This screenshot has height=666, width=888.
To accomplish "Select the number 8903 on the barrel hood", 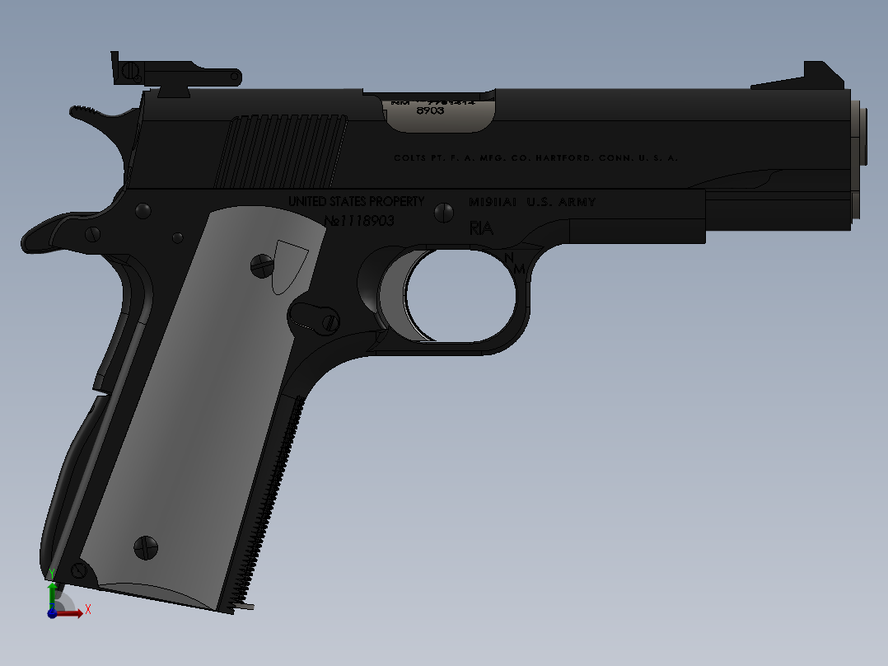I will [430, 110].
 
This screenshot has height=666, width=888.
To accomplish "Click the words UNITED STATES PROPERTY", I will [356, 202].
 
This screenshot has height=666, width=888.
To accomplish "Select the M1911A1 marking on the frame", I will [492, 202].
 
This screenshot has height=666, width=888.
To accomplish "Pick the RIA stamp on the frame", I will [480, 228].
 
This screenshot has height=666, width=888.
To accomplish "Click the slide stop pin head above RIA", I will [444, 213].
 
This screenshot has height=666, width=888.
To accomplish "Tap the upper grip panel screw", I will [262, 265].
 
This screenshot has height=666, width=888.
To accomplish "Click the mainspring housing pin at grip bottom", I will [79, 569].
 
